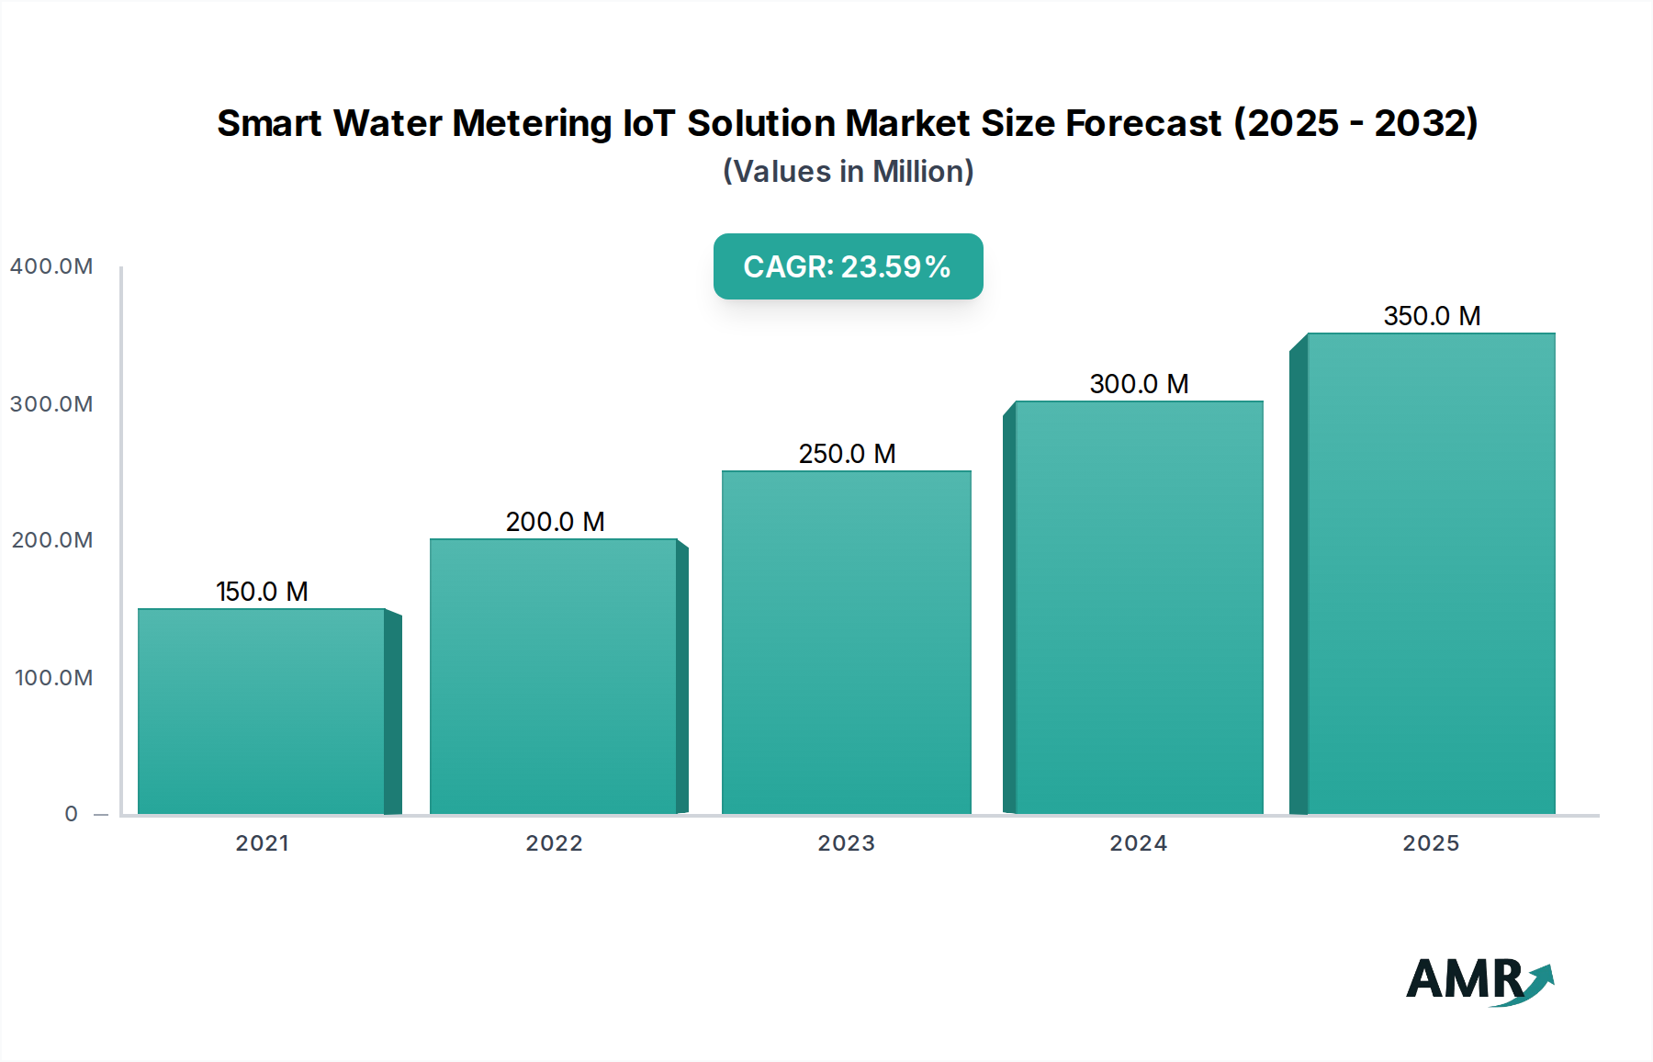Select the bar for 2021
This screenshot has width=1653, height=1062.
pos(262,712)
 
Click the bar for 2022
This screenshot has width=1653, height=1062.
pos(554,677)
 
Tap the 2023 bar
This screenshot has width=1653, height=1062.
pos(846,643)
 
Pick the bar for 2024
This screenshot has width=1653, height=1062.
pos(1139,608)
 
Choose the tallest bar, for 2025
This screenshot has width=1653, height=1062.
pos(1431,574)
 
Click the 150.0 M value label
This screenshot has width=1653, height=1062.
pos(262,592)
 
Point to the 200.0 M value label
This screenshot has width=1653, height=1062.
pos(555,522)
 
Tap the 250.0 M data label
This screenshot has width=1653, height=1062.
pos(847,454)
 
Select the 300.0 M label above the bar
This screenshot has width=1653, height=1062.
pos(1139,384)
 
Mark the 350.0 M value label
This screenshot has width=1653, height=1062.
pos(1432,316)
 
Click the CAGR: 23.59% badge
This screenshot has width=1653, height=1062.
pos(848,266)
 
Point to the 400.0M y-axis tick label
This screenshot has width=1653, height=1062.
pos(51,266)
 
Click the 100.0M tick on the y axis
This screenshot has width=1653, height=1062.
pos(53,678)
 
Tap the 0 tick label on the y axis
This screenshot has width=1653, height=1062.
pos(71,814)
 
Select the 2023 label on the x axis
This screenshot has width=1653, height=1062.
pos(846,843)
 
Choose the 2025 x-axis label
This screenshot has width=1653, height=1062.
pos(1431,843)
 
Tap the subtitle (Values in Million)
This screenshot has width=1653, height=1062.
pos(848,172)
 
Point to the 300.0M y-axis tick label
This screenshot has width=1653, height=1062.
pos(51,404)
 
